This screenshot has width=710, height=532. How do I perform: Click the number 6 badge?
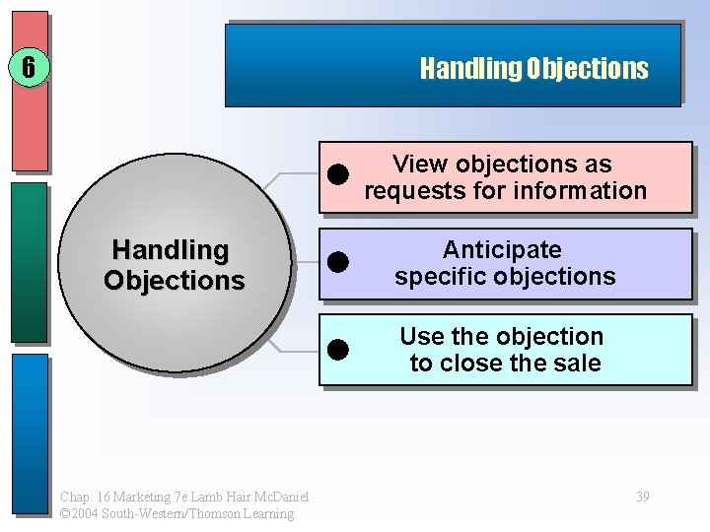coord(29,68)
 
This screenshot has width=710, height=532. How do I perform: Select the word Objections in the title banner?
coord(587,69)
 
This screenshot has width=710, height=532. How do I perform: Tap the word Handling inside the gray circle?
coord(171,250)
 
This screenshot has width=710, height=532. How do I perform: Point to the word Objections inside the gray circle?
coord(174,281)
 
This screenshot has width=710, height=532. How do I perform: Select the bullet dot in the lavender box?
coord(339,262)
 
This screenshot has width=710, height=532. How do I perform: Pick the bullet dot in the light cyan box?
coord(339,349)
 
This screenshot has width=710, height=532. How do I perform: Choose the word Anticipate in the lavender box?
coord(502,250)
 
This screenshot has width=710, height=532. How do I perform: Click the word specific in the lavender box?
coord(439,277)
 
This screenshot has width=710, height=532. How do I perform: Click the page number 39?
coord(642,497)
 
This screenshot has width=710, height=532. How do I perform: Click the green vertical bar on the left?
coord(31,262)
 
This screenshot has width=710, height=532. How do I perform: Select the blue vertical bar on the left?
coord(31,433)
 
